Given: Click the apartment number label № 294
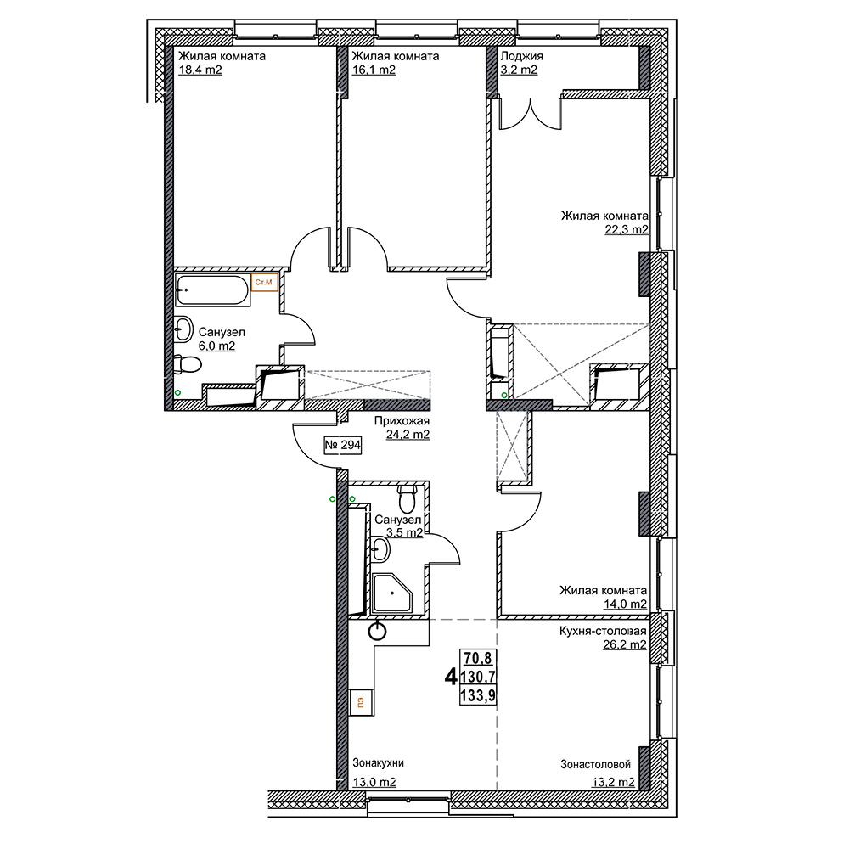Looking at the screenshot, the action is (x=343, y=445).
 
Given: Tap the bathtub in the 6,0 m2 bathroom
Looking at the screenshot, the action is (x=213, y=290).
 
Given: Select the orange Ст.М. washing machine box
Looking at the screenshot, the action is (x=265, y=282).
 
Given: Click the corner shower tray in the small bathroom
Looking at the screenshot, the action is (x=393, y=593).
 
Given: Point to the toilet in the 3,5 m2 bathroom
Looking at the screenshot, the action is (x=407, y=498).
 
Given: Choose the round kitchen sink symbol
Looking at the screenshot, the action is (x=378, y=631).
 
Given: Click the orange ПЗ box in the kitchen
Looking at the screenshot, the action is (x=360, y=702).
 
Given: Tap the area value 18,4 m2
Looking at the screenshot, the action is (x=200, y=70).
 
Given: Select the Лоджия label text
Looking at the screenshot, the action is (x=521, y=56).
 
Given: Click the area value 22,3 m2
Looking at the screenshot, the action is (x=627, y=229).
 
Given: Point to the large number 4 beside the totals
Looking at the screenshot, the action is (x=451, y=677).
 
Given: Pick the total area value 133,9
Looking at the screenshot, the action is (x=478, y=695).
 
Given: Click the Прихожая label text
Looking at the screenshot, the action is (x=402, y=421).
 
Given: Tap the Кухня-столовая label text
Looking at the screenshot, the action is (x=603, y=631).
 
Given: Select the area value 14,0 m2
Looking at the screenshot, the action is (x=625, y=604).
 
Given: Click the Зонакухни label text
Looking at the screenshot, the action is (x=379, y=763).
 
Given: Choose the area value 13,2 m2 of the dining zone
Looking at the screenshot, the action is (x=613, y=783).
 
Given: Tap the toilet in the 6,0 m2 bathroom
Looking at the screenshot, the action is (x=188, y=363).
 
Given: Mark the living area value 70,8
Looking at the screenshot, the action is (x=478, y=658).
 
